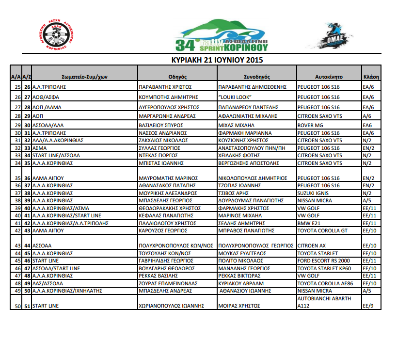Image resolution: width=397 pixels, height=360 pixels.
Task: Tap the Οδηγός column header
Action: (177, 77)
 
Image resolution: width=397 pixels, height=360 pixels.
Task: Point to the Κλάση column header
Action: (371, 77)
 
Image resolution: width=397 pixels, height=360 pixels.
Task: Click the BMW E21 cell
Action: (309, 223)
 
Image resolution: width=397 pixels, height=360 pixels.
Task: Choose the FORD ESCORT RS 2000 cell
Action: (323, 261)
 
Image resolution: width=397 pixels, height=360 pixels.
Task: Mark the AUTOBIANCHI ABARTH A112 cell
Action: (324, 302)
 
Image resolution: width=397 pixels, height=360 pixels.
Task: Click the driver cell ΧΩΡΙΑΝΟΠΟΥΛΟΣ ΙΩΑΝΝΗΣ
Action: (172, 306)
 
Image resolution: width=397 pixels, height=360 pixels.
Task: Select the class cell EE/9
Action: (368, 306)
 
